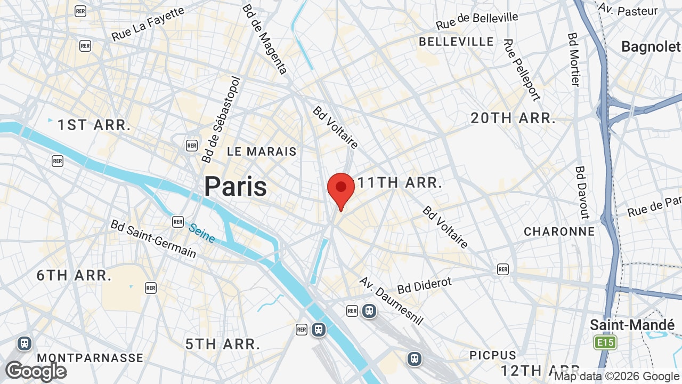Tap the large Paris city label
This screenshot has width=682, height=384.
coord(236,187)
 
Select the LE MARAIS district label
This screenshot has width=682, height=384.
coord(262,151)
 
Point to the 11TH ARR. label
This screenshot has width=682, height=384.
coord(400,183)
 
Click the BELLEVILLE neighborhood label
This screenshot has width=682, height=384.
coord(456,42)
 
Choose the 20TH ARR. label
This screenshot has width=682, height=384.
coord(513,118)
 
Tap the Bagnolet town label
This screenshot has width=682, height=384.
coord(651,47)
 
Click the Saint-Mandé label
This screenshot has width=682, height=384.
coord(632,325)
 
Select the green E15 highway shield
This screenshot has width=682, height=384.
coord(605,342)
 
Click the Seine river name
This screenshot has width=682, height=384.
coord(202,233)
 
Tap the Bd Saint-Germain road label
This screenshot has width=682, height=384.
coord(153,238)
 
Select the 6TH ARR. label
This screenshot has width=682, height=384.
coord(74,276)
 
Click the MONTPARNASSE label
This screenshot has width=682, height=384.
coord(90,358)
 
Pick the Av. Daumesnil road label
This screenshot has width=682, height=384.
coord(391,300)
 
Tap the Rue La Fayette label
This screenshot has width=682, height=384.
coord(148,24)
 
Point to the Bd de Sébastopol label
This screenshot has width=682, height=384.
coord(221,119)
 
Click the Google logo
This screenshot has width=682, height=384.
coord(36,371)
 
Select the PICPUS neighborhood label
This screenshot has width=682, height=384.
coord(493,355)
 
